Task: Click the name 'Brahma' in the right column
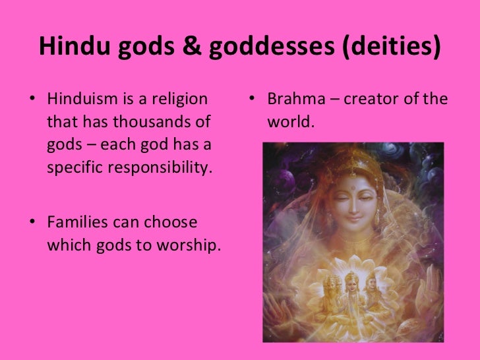[294, 100]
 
